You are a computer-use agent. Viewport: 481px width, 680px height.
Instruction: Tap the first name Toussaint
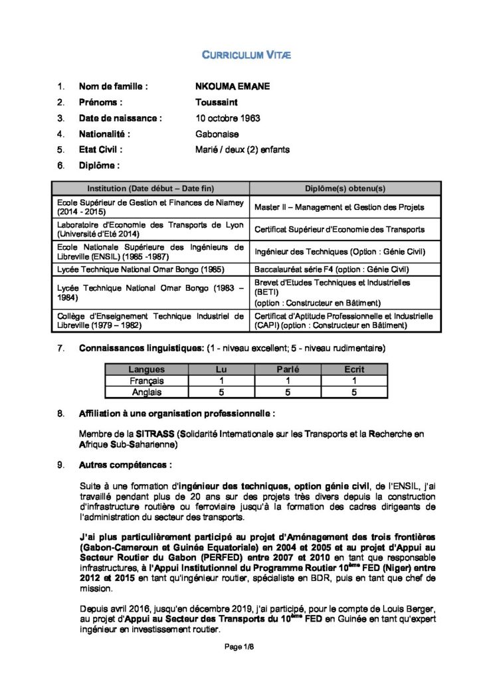click(x=217, y=102)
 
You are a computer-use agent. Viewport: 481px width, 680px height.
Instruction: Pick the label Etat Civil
click(x=100, y=150)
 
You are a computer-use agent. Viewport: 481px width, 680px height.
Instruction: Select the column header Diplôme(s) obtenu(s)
click(x=345, y=188)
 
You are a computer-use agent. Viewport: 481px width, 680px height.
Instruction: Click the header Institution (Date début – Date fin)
click(x=150, y=188)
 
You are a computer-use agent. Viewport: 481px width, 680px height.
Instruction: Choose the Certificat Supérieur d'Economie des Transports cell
click(x=339, y=229)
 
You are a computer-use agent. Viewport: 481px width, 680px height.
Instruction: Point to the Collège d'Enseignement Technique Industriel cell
click(x=151, y=321)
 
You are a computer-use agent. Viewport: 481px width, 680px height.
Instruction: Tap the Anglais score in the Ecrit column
click(x=354, y=392)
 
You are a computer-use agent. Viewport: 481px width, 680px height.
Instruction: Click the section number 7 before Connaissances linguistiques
click(x=60, y=348)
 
